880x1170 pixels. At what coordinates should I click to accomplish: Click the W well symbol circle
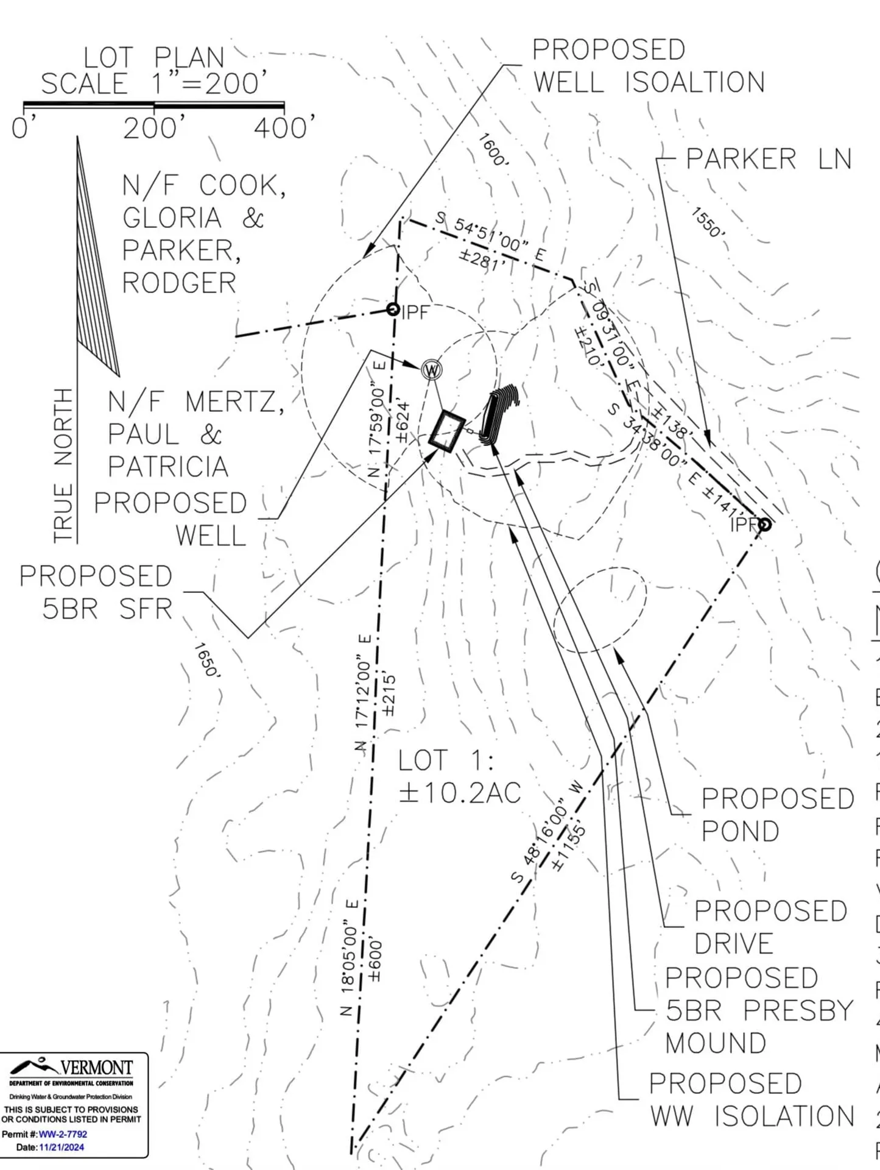[431, 369]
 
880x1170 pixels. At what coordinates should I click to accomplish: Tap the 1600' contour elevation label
[492, 150]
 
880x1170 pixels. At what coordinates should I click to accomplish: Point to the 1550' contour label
[707, 222]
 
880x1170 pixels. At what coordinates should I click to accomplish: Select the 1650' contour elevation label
[206, 660]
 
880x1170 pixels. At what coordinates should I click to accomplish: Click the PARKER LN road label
[768, 159]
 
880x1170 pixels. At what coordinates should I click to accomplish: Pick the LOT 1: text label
[446, 760]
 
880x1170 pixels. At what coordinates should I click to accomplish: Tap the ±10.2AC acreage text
[460, 793]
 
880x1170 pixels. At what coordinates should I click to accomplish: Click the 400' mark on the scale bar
[284, 129]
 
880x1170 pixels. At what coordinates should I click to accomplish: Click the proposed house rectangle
[447, 431]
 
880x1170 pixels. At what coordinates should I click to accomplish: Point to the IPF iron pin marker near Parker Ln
[765, 524]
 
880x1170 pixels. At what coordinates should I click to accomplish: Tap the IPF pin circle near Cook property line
[393, 310]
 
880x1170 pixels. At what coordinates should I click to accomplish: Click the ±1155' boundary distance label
[569, 848]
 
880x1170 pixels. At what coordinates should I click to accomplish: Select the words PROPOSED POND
[777, 815]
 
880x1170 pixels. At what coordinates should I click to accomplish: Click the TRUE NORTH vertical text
[63, 465]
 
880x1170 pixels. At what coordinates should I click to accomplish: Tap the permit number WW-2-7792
[63, 1134]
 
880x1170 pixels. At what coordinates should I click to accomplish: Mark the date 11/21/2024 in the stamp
[62, 1147]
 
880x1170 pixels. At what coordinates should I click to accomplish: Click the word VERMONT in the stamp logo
[96, 1068]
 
